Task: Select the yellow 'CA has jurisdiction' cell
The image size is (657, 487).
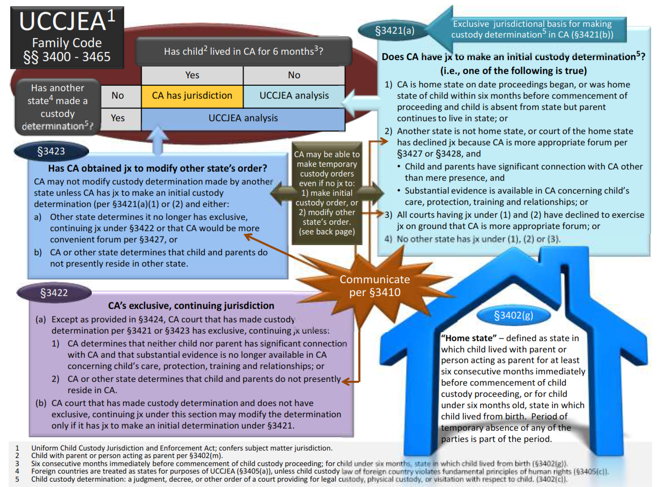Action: tap(192, 96)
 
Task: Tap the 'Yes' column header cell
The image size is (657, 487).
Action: tap(192, 75)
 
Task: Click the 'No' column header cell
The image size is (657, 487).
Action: tap(294, 75)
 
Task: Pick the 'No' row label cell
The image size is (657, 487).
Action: tap(117, 96)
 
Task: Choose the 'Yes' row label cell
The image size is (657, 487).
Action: tap(117, 118)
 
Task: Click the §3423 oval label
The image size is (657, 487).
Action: tap(50, 151)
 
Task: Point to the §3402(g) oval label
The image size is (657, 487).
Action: tap(513, 315)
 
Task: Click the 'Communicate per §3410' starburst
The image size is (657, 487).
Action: tap(374, 286)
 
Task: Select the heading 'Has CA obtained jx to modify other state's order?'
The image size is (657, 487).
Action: tap(151, 168)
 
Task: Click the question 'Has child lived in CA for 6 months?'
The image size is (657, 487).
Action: tap(246, 51)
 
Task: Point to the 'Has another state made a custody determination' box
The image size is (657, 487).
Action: tap(57, 107)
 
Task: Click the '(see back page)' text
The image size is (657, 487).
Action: tap(326, 232)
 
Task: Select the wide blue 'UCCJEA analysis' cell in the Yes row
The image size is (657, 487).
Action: tap(243, 118)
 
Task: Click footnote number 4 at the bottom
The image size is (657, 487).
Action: tap(17, 471)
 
